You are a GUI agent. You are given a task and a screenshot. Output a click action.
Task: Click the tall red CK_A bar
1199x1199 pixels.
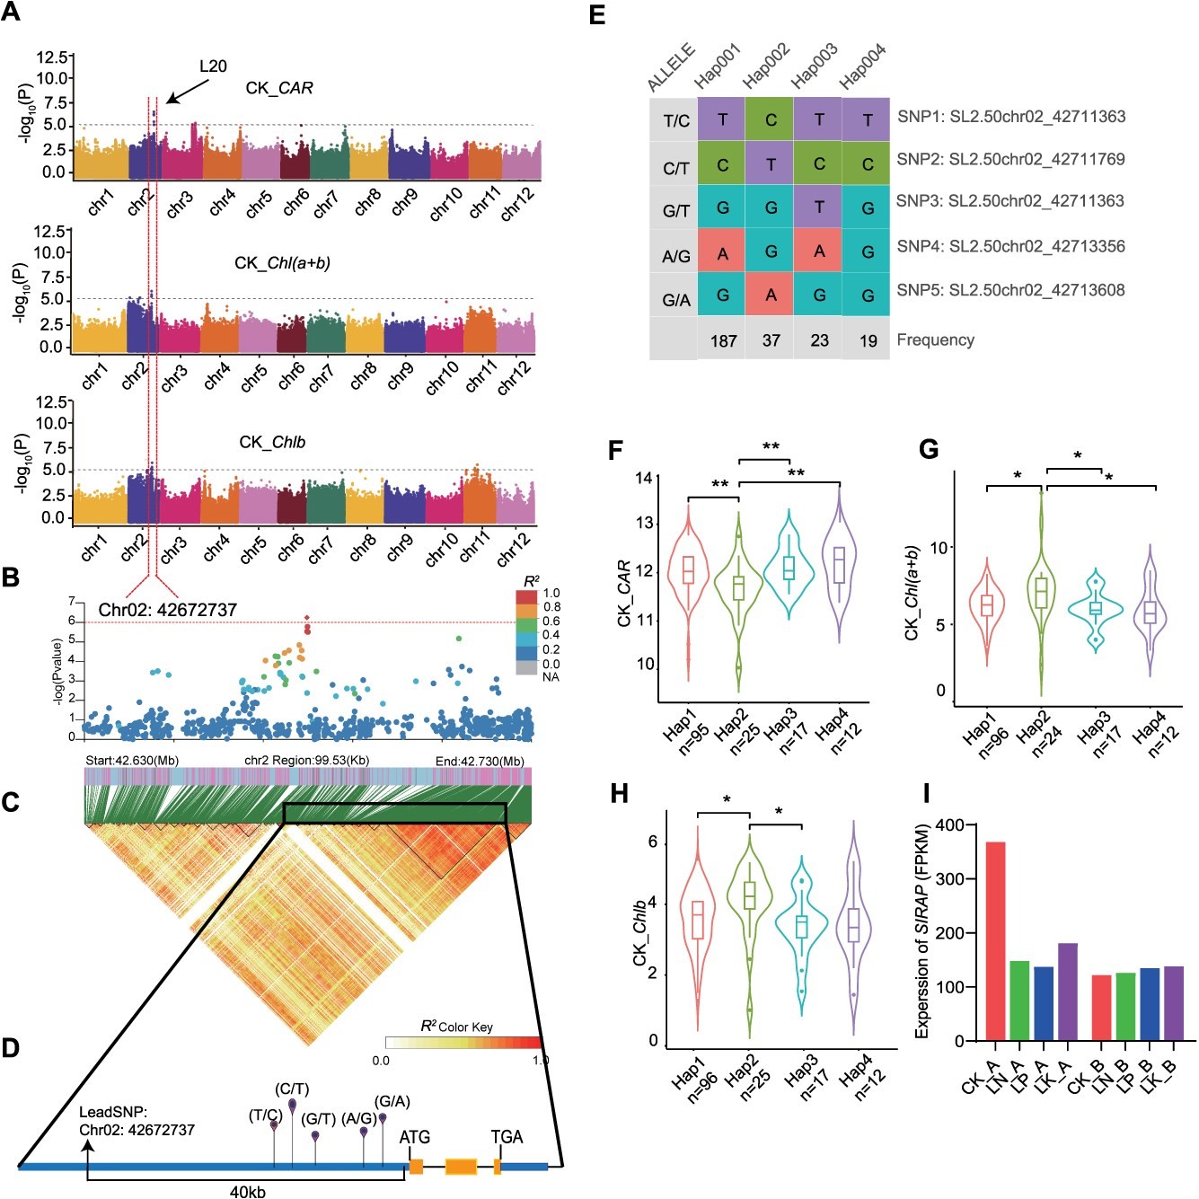(995, 940)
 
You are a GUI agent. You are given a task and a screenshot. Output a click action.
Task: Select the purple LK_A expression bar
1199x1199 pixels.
(1068, 992)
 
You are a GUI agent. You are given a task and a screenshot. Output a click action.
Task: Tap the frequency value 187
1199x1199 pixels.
(723, 340)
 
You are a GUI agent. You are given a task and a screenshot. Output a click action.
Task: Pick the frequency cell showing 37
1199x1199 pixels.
(771, 340)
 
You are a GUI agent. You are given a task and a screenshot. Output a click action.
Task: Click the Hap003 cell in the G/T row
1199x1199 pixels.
(819, 207)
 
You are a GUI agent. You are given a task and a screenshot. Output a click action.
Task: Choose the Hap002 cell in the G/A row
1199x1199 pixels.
(771, 295)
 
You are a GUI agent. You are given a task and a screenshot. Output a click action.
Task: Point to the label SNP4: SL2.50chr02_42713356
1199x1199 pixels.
(1010, 246)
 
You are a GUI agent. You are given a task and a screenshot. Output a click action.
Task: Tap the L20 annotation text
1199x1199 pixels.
(213, 66)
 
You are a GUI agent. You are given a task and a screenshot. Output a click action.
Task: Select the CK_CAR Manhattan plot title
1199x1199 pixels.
(279, 88)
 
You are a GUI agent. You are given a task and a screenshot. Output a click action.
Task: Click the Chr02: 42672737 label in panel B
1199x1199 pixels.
(168, 610)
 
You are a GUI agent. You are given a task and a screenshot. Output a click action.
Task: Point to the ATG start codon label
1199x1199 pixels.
(414, 1137)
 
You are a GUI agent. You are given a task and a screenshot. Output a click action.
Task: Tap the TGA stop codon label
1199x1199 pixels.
(507, 1137)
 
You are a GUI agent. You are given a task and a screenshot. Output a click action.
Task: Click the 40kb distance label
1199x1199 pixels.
(247, 1192)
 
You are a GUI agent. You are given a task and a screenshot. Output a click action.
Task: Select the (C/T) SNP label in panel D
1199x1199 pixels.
(292, 1089)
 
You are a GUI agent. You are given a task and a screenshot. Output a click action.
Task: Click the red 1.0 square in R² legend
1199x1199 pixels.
(526, 596)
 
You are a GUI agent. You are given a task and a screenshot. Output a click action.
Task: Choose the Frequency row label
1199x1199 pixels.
(935, 339)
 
